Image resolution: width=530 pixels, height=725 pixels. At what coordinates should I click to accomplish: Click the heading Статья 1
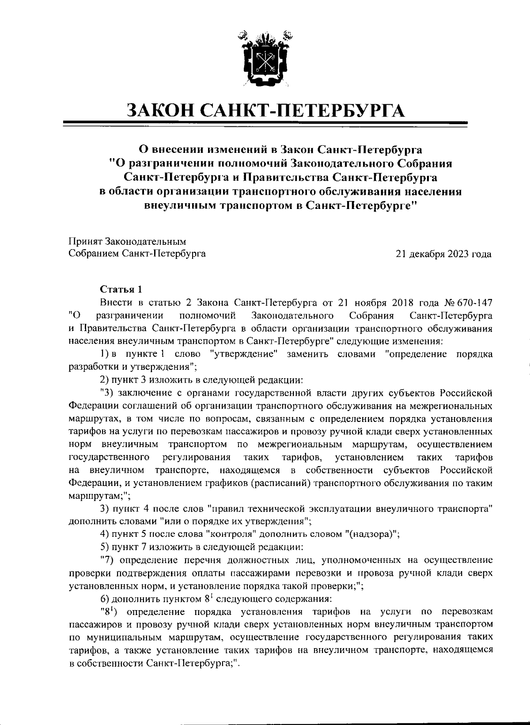121,290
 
